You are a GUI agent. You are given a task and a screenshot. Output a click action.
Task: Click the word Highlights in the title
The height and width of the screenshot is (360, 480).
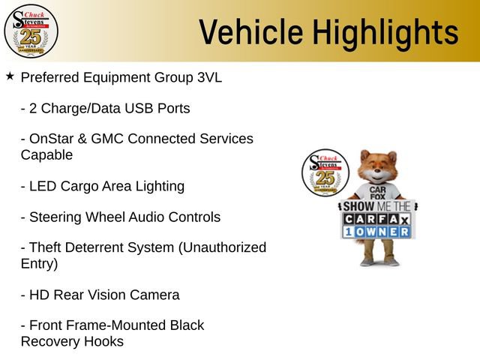(385, 32)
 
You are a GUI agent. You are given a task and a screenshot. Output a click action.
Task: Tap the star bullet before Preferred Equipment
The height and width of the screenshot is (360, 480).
(10, 76)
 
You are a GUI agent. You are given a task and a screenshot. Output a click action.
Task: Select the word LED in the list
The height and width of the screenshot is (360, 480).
(43, 186)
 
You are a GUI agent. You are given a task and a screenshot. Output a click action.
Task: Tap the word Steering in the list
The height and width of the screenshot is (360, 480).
(54, 217)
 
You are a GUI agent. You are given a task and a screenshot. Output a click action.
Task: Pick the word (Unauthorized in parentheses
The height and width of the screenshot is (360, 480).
(224, 248)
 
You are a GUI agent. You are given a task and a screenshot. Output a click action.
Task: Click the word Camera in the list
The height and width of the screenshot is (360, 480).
(154, 295)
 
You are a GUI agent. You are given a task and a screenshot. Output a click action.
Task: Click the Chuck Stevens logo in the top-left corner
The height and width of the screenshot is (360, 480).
(30, 30)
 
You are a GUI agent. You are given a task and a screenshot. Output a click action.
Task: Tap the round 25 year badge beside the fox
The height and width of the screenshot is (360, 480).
(324, 173)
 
